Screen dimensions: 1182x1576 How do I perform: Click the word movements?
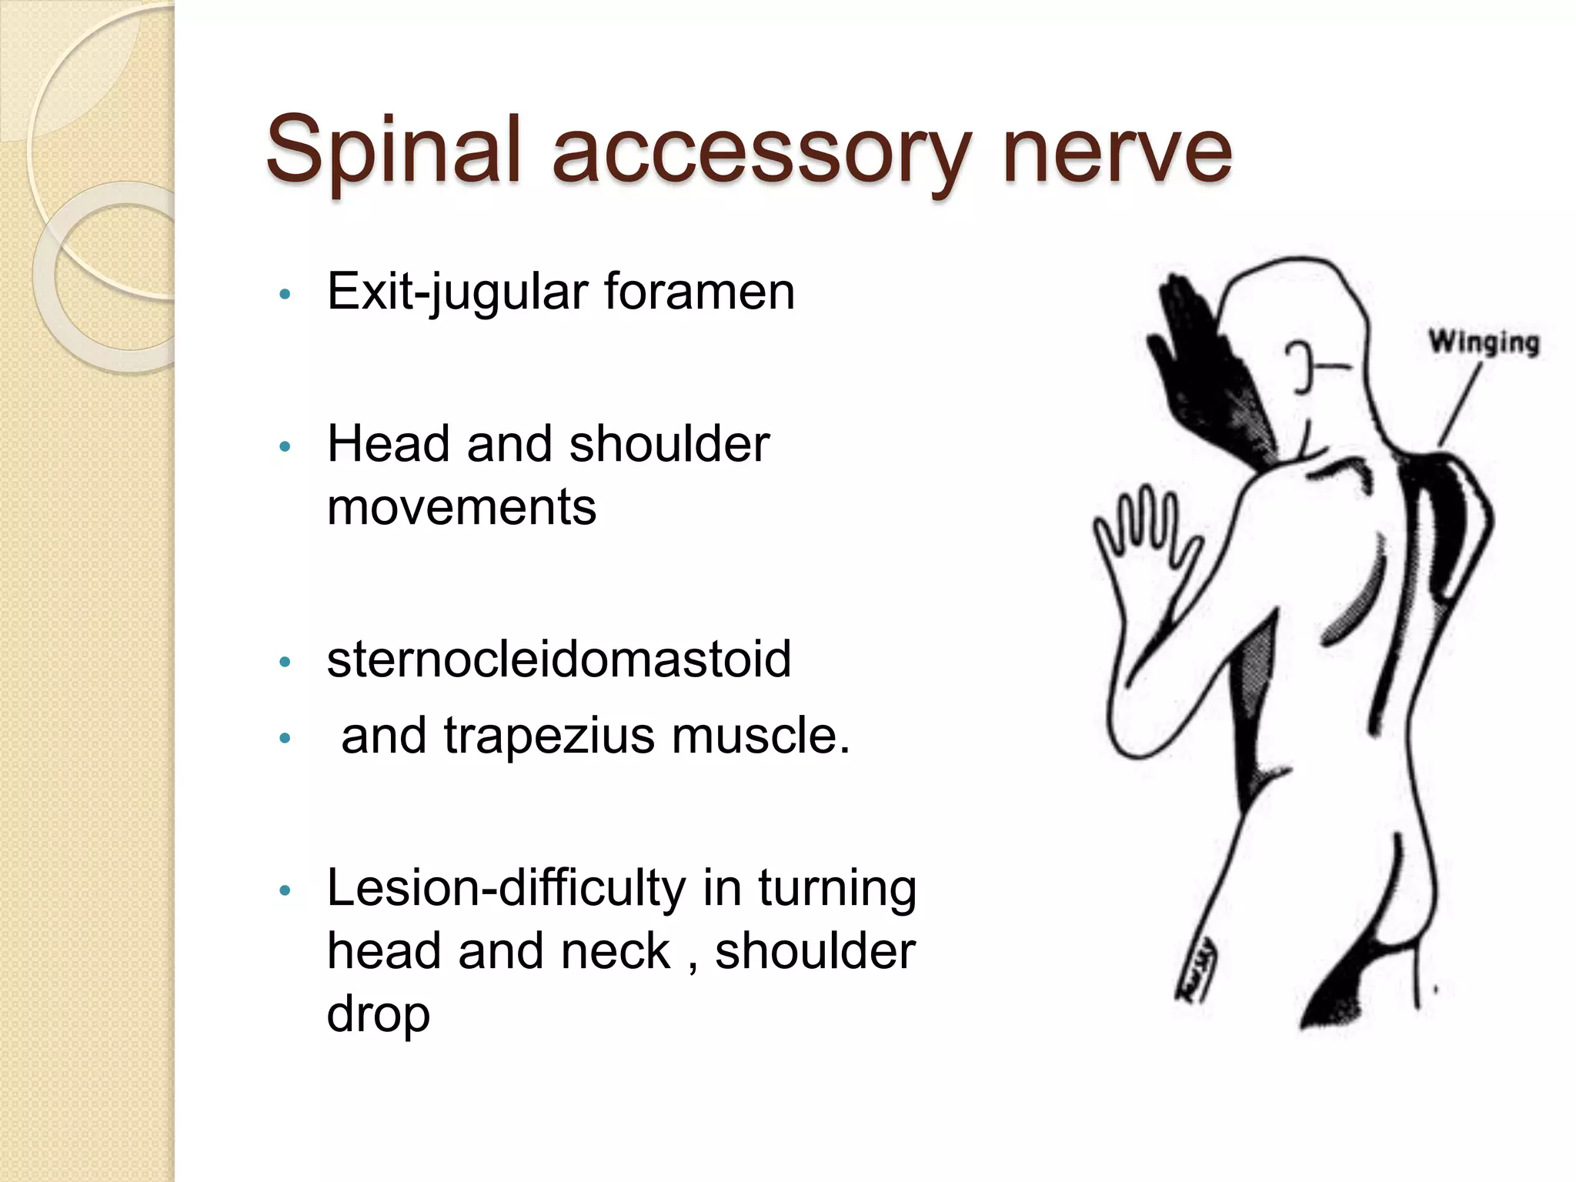[x=462, y=507]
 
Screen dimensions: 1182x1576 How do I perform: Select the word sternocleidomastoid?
[x=559, y=659]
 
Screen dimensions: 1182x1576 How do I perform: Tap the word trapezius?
[x=549, y=736]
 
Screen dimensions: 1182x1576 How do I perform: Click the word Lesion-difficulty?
[x=506, y=889]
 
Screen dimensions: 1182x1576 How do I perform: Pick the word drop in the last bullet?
[x=378, y=1015]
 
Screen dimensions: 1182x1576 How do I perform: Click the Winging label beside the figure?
[x=1484, y=342]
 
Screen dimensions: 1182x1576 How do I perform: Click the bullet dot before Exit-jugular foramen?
[x=285, y=294]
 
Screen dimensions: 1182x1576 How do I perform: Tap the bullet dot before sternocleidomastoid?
[x=285, y=662]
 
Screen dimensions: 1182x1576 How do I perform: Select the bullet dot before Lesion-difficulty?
[x=285, y=891]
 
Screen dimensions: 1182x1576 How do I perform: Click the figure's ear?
[x=1300, y=366]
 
